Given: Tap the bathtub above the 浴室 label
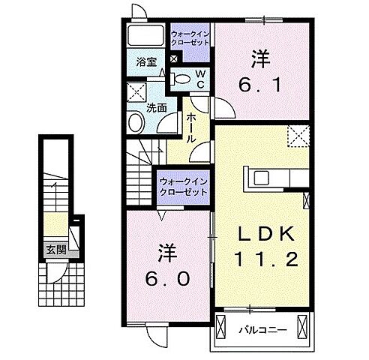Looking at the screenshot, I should (145, 36).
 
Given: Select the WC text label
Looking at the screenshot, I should (200, 78).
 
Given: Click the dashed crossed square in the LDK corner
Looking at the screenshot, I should (299, 136).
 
